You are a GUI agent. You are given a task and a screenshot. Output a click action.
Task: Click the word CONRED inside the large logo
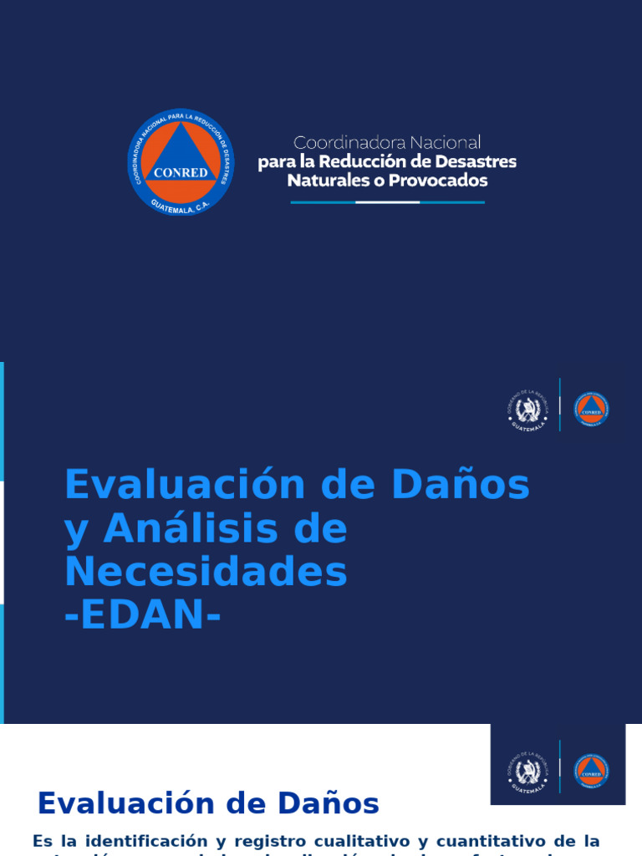click(181, 172)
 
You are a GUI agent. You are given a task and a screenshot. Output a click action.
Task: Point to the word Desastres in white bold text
click(476, 161)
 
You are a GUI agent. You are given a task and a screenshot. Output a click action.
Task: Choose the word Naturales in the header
click(323, 181)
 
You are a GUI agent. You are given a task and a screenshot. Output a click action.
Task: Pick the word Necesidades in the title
click(206, 573)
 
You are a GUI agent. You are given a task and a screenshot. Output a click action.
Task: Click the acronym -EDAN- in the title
click(143, 616)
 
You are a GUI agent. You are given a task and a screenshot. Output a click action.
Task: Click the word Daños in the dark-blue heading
click(329, 804)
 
